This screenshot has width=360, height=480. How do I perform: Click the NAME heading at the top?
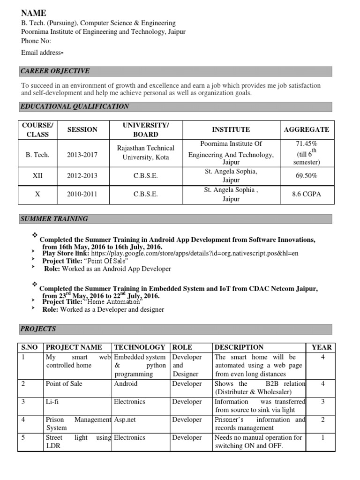tap(34, 14)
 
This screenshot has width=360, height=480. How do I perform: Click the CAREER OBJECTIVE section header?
tap(55, 71)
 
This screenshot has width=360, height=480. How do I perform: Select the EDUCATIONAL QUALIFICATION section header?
tap(75, 106)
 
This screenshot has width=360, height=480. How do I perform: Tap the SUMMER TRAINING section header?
tap(54, 219)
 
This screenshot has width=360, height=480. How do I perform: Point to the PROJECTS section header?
tap(38, 329)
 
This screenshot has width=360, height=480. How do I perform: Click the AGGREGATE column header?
tap(307, 129)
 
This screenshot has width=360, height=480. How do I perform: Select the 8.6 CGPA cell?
tap(307, 194)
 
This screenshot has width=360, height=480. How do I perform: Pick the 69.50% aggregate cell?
tap(307, 176)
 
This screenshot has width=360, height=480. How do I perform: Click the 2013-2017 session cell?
tap(82, 155)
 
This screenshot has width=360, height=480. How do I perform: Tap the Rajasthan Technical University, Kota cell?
tap(145, 152)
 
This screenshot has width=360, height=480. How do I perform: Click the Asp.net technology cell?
tap(125, 420)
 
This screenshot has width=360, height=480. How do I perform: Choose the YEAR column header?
tap(321, 347)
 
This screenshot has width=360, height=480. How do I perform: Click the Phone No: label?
tap(36, 41)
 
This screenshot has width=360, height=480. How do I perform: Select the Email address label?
tap(41, 52)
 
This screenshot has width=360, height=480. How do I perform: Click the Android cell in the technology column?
tap(126, 383)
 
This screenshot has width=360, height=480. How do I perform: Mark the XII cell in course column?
tap(37, 176)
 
